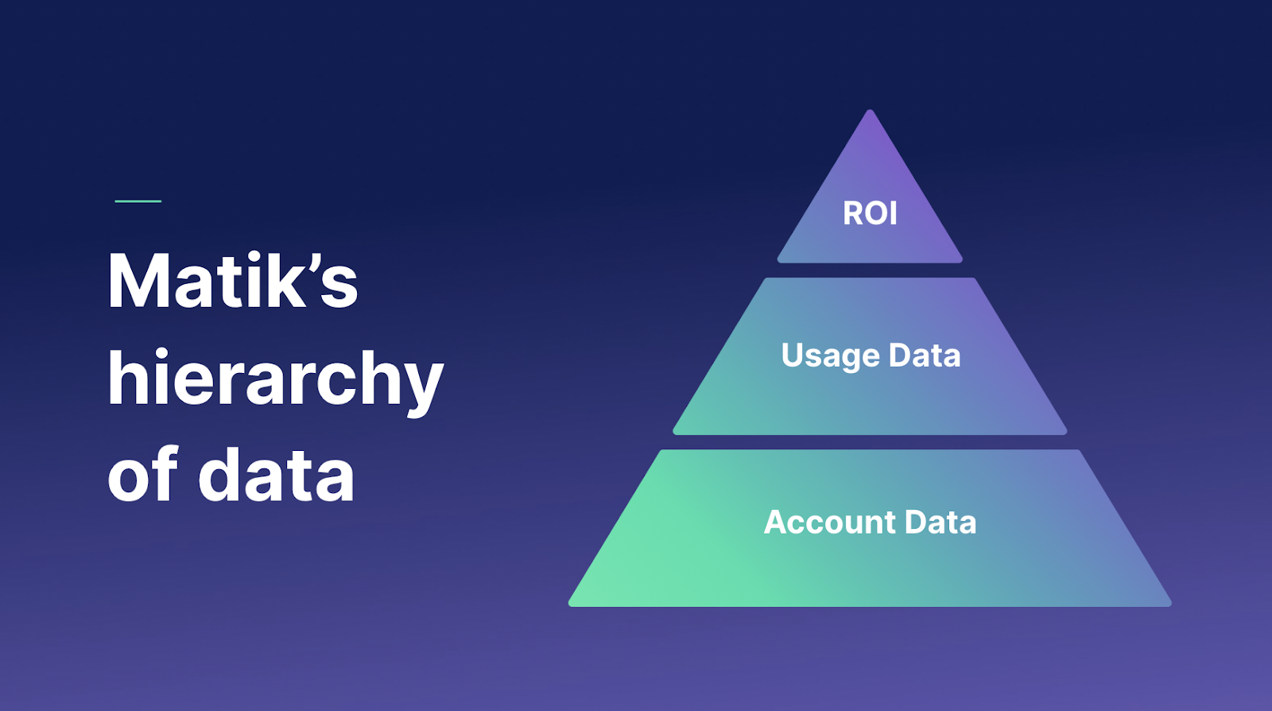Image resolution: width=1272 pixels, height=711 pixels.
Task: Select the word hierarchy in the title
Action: (x=275, y=380)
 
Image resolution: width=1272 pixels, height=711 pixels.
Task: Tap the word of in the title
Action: (x=142, y=475)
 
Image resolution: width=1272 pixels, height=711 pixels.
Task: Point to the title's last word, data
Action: (x=276, y=475)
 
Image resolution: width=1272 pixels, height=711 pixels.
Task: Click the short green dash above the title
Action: (x=138, y=201)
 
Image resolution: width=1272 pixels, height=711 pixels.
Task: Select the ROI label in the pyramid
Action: (x=870, y=213)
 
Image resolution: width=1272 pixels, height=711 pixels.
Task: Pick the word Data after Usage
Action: (x=925, y=355)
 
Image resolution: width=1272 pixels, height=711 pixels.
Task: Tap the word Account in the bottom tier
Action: (x=830, y=523)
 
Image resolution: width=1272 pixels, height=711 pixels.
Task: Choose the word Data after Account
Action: (x=940, y=523)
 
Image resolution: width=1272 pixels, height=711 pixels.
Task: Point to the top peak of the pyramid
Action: (x=870, y=112)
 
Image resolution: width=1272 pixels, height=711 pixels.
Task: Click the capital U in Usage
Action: (x=793, y=355)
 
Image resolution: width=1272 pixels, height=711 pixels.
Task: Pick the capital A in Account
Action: (x=776, y=523)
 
